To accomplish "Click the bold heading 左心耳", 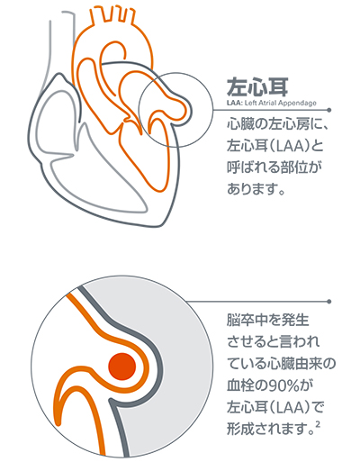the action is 257,86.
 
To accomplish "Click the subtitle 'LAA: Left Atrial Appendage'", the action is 272,103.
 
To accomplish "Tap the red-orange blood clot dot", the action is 122,367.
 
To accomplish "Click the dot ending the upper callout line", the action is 329,110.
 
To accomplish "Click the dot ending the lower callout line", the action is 329,302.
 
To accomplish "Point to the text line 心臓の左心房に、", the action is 277,124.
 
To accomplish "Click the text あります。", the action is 256,189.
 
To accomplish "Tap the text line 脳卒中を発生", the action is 268,321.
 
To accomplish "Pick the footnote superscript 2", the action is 319,425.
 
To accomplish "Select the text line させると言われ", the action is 274,342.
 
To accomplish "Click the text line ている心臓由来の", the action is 281,364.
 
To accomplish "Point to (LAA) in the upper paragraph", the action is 290,147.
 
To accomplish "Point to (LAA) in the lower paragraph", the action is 290,408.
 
